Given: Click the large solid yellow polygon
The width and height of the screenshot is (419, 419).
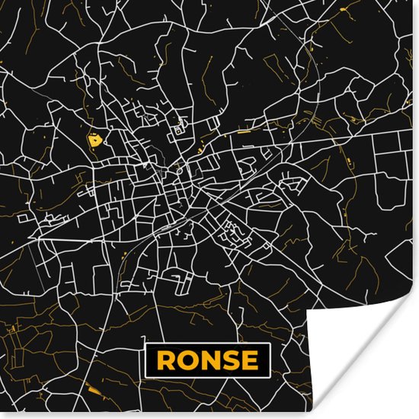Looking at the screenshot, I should (94, 139).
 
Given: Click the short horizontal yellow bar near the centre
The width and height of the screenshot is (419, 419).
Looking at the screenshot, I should (244, 133).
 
